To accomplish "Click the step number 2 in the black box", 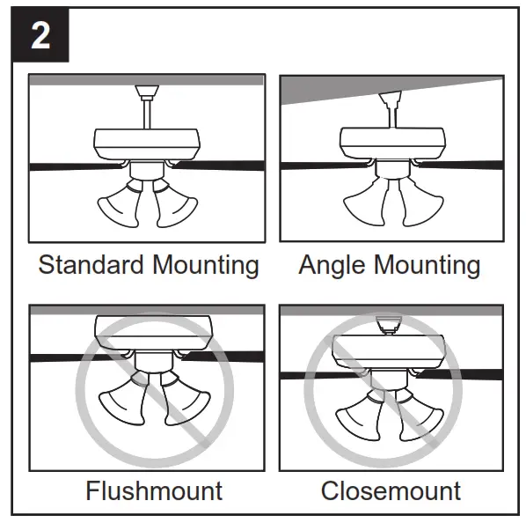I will click(40, 37).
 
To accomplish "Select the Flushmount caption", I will click(154, 490).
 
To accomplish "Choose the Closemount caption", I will click(391, 490).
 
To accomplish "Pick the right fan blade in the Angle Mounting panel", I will click(462, 164).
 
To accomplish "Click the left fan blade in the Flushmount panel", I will click(66, 357).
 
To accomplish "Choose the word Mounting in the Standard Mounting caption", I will click(204, 265).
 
